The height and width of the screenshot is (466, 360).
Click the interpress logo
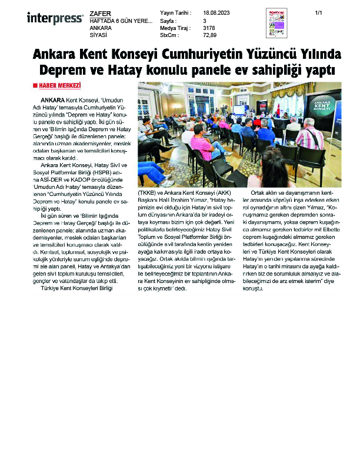click(55, 18)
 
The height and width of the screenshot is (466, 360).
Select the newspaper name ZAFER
click(99, 12)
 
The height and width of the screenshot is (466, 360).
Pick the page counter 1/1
click(319, 12)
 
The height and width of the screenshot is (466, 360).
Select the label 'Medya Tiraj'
click(174, 27)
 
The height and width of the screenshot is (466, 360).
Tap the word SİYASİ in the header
click(98, 35)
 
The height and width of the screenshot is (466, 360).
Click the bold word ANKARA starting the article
click(54, 101)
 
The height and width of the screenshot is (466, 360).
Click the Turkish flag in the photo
click(278, 109)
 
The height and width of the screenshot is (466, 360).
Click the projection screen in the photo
click(239, 109)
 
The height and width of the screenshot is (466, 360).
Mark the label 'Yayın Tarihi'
click(175, 12)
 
